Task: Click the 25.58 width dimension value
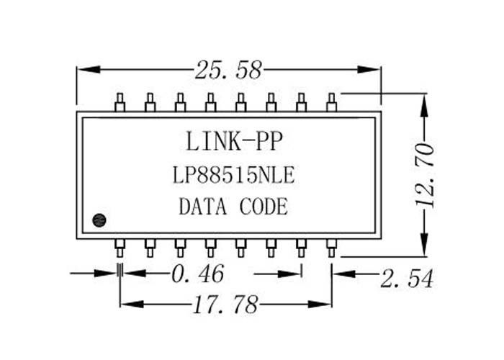coord(228,70)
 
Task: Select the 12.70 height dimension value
coord(424,176)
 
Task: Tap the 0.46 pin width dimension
coord(197,274)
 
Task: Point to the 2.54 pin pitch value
coord(407,279)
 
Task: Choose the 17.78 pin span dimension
coord(225,305)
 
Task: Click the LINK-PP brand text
coord(234,141)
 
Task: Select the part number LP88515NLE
coord(234,175)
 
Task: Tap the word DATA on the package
coord(202,207)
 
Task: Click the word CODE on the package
coord(264,207)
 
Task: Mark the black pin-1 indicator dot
coord(99,220)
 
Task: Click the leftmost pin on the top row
coord(120,102)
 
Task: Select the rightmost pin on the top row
coord(331,102)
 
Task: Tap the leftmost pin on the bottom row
coord(120,248)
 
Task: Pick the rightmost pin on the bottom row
coord(331,248)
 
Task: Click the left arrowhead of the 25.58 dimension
coord(89,69)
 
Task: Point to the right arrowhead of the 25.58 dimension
coord(369,69)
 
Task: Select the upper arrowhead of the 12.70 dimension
coord(425,105)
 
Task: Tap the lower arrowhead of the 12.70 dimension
coord(425,245)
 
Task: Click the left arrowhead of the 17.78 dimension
coord(132,304)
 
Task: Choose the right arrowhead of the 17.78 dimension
coord(320,304)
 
